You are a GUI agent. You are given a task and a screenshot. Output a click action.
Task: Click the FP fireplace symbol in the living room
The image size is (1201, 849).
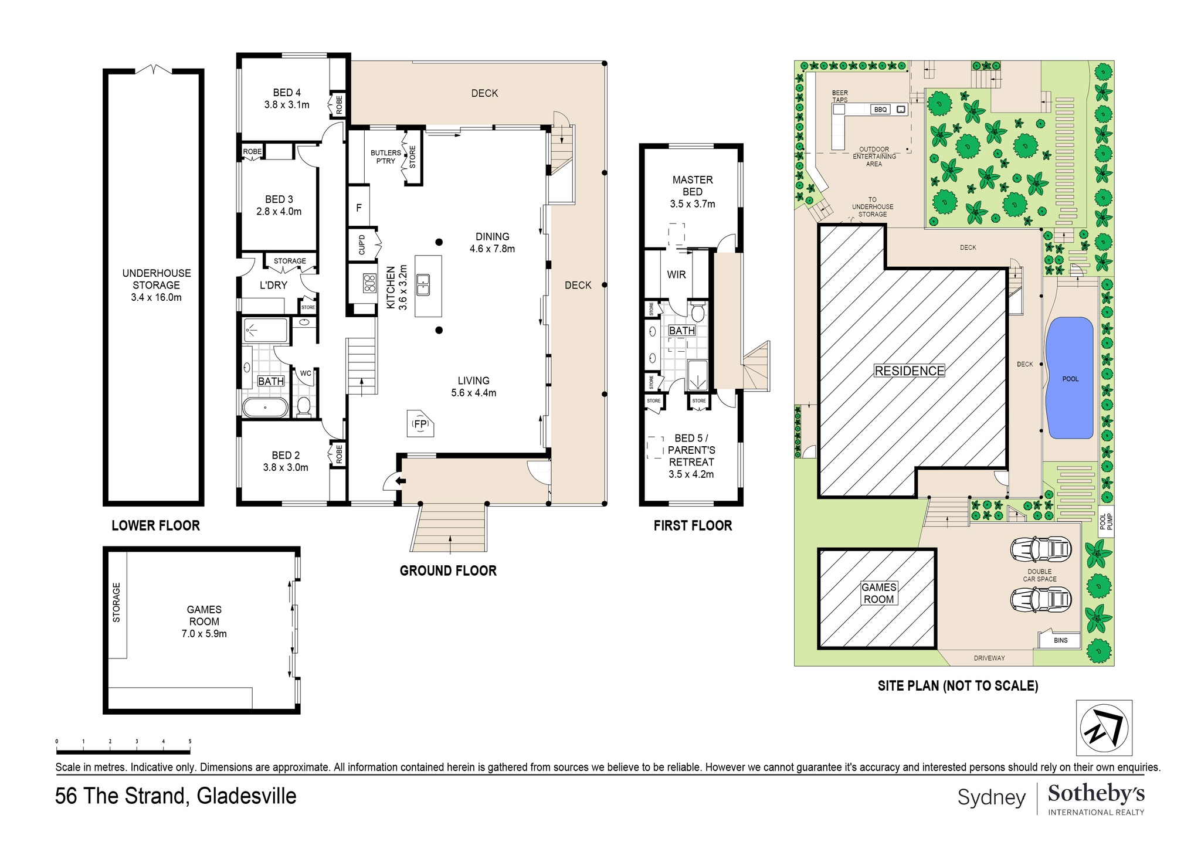pos(420,424)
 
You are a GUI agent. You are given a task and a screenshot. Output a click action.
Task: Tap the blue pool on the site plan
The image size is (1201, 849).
pos(1070,378)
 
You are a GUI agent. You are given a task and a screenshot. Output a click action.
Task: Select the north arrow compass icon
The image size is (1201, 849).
pos(1104,728)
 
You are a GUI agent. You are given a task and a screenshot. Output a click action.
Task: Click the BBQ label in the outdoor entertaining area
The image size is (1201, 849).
pos(880,110)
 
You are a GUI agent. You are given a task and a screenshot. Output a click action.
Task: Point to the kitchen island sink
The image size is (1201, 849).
pos(423,286)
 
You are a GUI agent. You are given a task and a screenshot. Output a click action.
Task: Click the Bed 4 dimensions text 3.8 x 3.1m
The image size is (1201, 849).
pos(287,105)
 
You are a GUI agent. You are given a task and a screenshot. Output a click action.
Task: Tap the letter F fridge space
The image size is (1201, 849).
pos(359,208)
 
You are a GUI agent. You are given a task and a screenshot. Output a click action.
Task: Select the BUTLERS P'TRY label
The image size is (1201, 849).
pos(386,157)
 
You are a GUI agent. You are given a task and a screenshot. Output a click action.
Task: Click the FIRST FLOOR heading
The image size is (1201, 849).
pos(693,525)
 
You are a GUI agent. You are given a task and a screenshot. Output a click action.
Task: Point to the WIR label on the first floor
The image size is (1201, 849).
pos(676,274)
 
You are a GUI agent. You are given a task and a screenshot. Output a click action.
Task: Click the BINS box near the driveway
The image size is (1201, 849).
pos(1060,640)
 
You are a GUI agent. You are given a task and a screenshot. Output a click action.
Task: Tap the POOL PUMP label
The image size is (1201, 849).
pos(1105,522)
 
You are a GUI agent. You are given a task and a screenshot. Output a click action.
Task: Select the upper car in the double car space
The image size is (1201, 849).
pos(1040,549)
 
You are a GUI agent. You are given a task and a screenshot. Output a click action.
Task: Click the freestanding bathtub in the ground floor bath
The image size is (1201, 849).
pos(265,407)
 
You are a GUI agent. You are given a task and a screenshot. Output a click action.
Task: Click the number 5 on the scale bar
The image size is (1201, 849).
pos(190,742)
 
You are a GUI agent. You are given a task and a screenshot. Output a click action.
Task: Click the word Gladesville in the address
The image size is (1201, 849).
pos(246,796)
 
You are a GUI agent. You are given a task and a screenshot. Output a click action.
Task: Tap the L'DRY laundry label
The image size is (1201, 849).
pos(273,285)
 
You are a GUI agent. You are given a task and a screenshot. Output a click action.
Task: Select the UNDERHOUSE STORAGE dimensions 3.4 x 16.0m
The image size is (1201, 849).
pos(156,297)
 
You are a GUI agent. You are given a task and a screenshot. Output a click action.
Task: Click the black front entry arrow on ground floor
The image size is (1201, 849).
pos(401,481)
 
